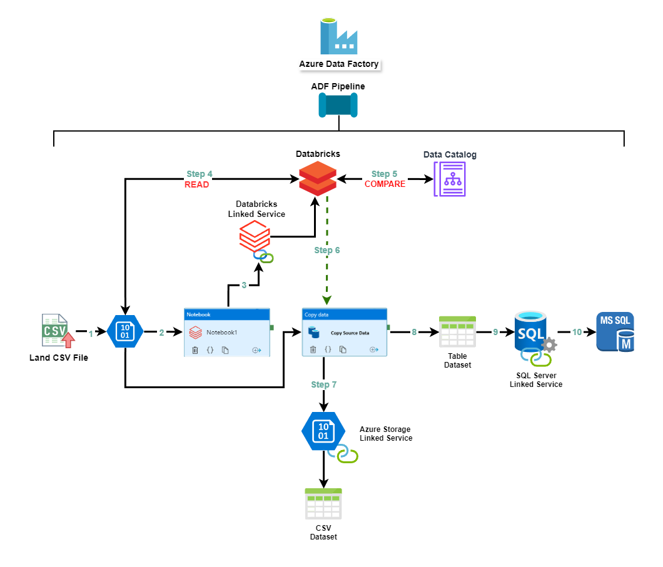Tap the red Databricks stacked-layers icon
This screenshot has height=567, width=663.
(x=316, y=178)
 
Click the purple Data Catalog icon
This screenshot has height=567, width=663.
(x=450, y=179)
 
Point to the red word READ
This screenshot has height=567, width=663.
(x=196, y=185)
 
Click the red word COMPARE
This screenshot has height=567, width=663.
(x=385, y=184)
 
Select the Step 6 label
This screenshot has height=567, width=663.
(x=327, y=250)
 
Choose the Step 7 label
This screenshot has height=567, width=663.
(x=324, y=384)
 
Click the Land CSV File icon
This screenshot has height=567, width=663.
(x=58, y=331)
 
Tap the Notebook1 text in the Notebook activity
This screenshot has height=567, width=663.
(x=222, y=333)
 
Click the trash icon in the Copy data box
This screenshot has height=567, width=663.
(x=313, y=349)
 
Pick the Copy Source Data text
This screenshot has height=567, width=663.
(x=350, y=333)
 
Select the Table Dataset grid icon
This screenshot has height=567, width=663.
(x=457, y=332)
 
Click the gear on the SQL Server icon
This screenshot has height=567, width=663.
(x=549, y=344)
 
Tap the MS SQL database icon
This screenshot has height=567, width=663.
(x=615, y=332)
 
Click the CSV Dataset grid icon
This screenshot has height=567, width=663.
(x=323, y=504)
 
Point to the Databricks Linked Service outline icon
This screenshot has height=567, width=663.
(x=255, y=237)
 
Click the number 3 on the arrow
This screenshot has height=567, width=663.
(x=244, y=286)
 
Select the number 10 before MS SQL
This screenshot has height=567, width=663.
(x=577, y=332)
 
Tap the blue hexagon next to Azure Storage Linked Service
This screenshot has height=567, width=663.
(x=323, y=431)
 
